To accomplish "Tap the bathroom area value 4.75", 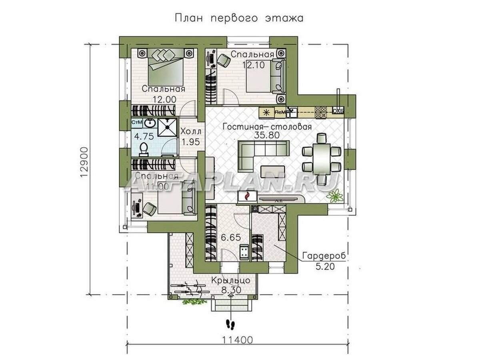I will point(144,136).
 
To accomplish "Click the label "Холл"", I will point(191,132).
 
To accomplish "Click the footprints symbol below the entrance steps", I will point(230,323).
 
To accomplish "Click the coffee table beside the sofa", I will point(273,171).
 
